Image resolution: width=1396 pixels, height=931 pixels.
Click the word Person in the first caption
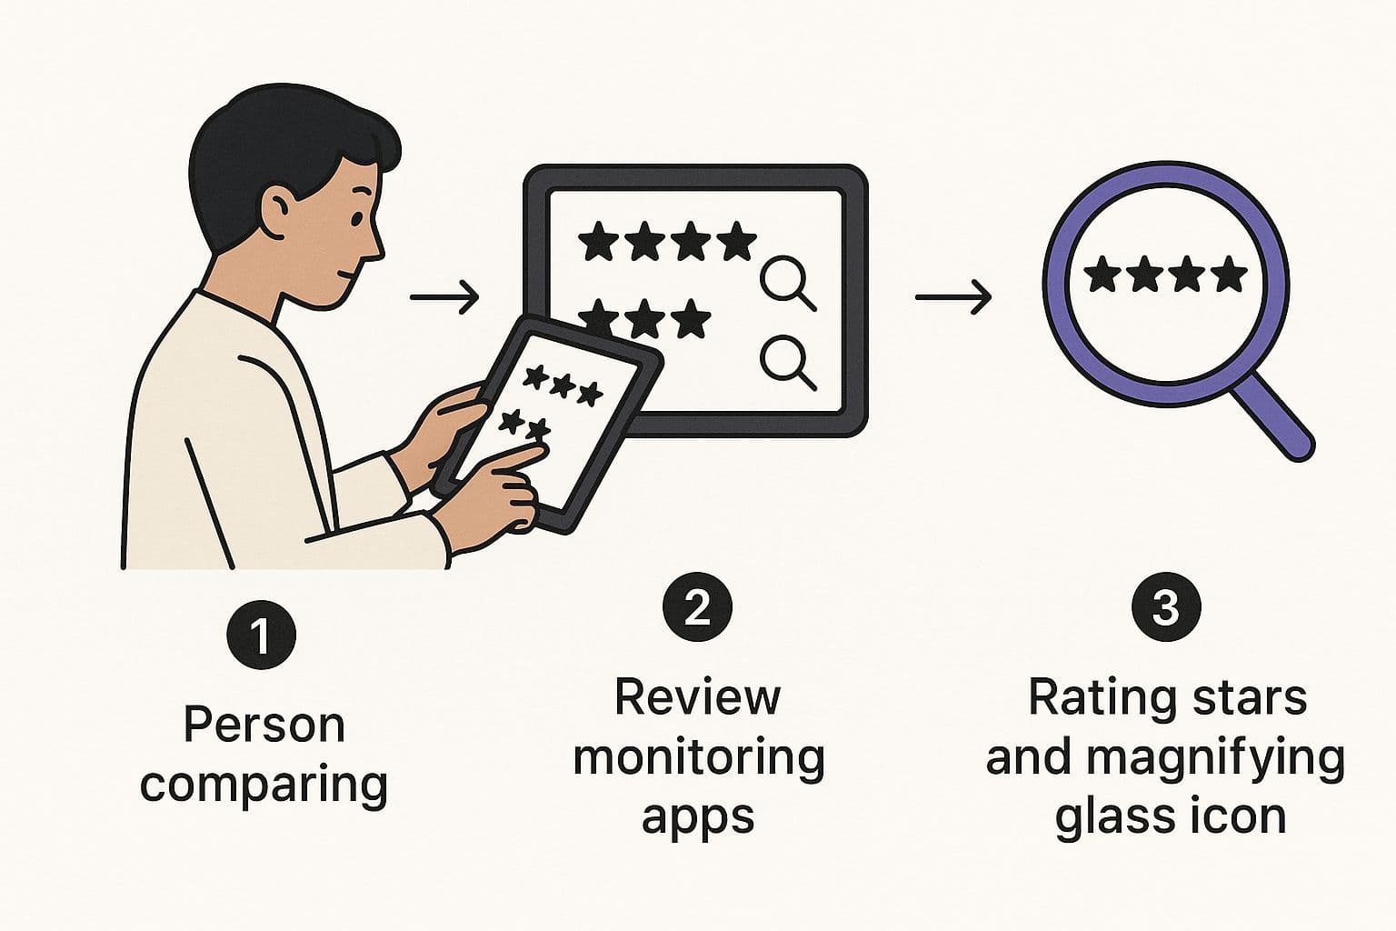264,726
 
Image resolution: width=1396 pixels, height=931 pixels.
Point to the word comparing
264,785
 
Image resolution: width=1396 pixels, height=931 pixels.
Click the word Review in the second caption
697,698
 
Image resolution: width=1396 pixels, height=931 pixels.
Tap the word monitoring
698,757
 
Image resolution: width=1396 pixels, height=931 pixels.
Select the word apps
698,817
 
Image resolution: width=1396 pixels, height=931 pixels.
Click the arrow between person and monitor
444,296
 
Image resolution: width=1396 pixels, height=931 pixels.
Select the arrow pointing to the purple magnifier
952,296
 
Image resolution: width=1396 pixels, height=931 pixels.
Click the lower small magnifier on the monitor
787,360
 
